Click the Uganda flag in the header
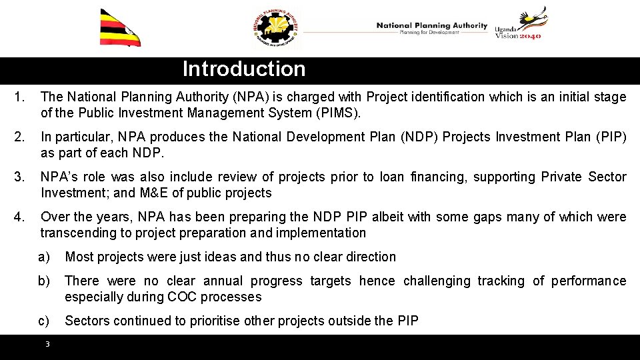tap(120, 28)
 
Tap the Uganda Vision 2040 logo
tap(519, 25)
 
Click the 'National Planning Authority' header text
tap(431, 26)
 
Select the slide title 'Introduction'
tap(244, 69)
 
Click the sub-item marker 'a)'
tap(44, 257)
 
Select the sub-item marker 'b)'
tap(44, 281)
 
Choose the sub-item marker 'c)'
tap(44, 321)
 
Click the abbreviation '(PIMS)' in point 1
tap(337, 113)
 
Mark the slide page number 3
tap(47, 344)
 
